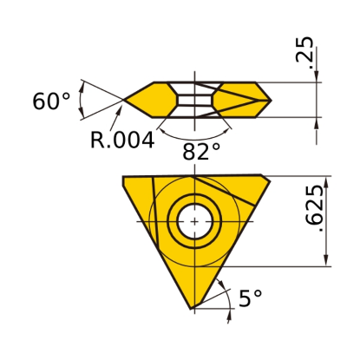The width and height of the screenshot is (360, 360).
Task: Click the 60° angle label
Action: pyautogui.click(x=51, y=101)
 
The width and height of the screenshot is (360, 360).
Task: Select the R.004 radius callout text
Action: pyautogui.click(x=122, y=140)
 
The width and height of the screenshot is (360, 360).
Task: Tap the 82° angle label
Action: pyautogui.click(x=201, y=151)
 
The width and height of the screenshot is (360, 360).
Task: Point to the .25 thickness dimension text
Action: pyautogui.click(x=304, y=53)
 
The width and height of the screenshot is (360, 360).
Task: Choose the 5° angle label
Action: pyautogui.click(x=251, y=298)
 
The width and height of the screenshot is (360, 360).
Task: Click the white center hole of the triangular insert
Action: pyautogui.click(x=195, y=222)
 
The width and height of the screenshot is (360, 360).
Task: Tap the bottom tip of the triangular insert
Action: pyautogui.click(x=191, y=309)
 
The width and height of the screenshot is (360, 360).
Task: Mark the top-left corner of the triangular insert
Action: pyautogui.click(x=123, y=176)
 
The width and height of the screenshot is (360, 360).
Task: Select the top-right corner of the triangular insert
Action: pyautogui.click(x=270, y=180)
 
